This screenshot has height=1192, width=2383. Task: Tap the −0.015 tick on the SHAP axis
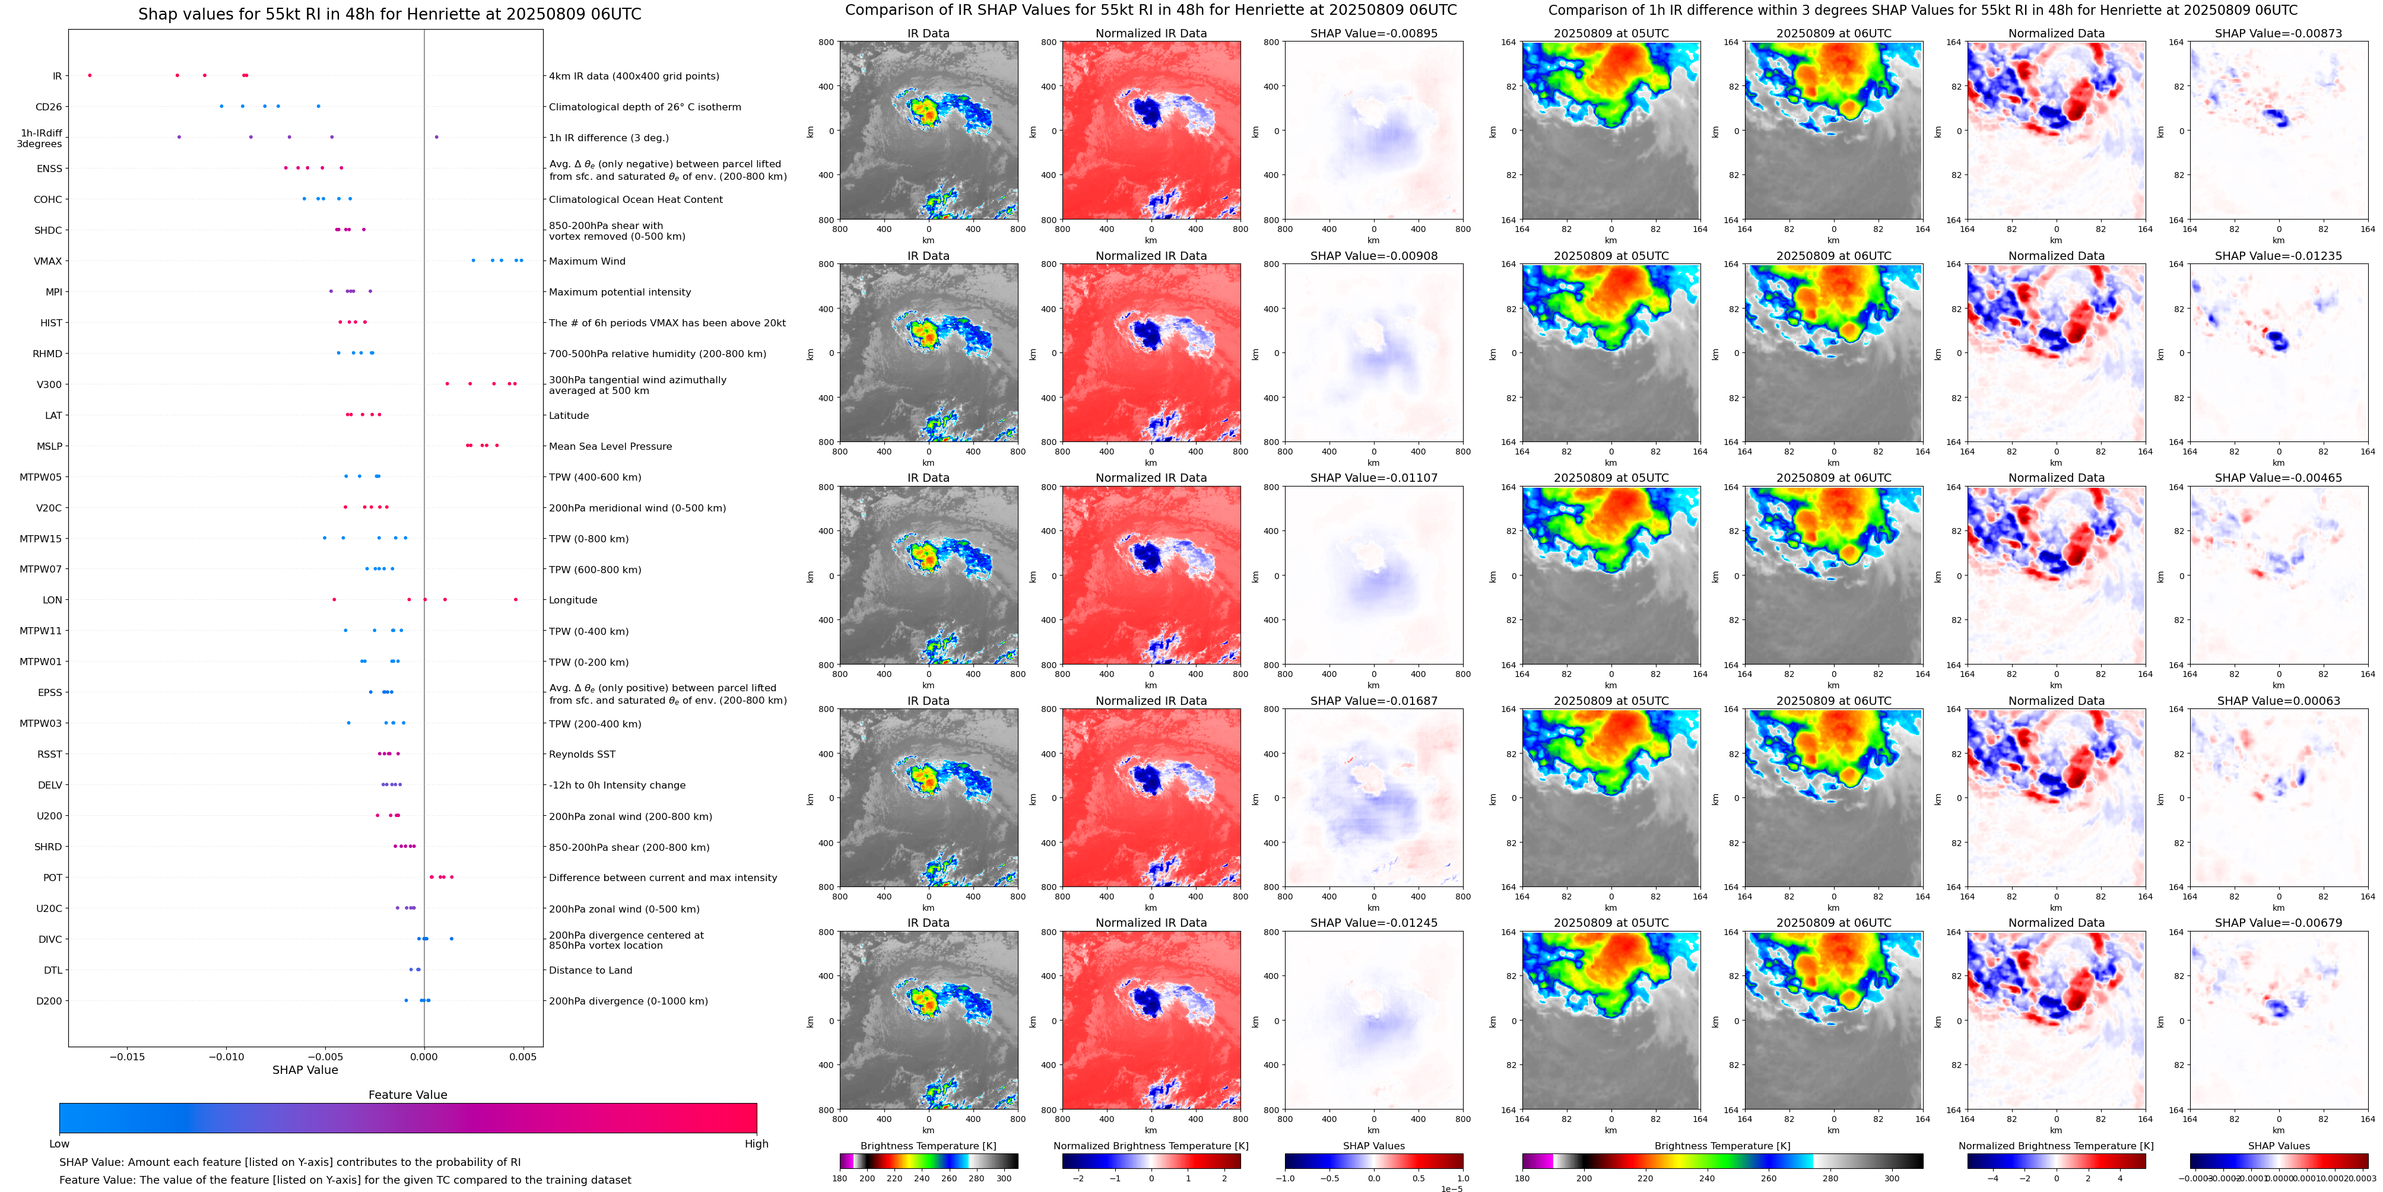point(128,1056)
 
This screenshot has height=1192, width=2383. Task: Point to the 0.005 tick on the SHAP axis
point(523,1056)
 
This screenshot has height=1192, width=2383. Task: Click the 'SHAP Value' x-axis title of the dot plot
point(304,1070)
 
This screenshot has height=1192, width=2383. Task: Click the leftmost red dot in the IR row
point(90,75)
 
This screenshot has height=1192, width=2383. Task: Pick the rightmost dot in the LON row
point(516,599)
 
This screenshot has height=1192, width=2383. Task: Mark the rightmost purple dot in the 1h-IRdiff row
point(437,137)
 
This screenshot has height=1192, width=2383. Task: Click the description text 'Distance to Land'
point(590,970)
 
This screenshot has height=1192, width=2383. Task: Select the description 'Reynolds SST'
point(582,755)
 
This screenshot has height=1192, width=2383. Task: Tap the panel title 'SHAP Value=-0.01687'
point(1374,701)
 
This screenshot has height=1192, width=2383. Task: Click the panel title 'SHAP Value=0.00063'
point(2279,701)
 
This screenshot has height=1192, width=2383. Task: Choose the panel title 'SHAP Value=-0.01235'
point(2279,256)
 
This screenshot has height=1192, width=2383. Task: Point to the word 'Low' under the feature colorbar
point(59,1144)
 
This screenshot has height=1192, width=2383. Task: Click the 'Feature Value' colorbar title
point(408,1095)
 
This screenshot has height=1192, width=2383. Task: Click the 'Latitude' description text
point(569,416)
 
